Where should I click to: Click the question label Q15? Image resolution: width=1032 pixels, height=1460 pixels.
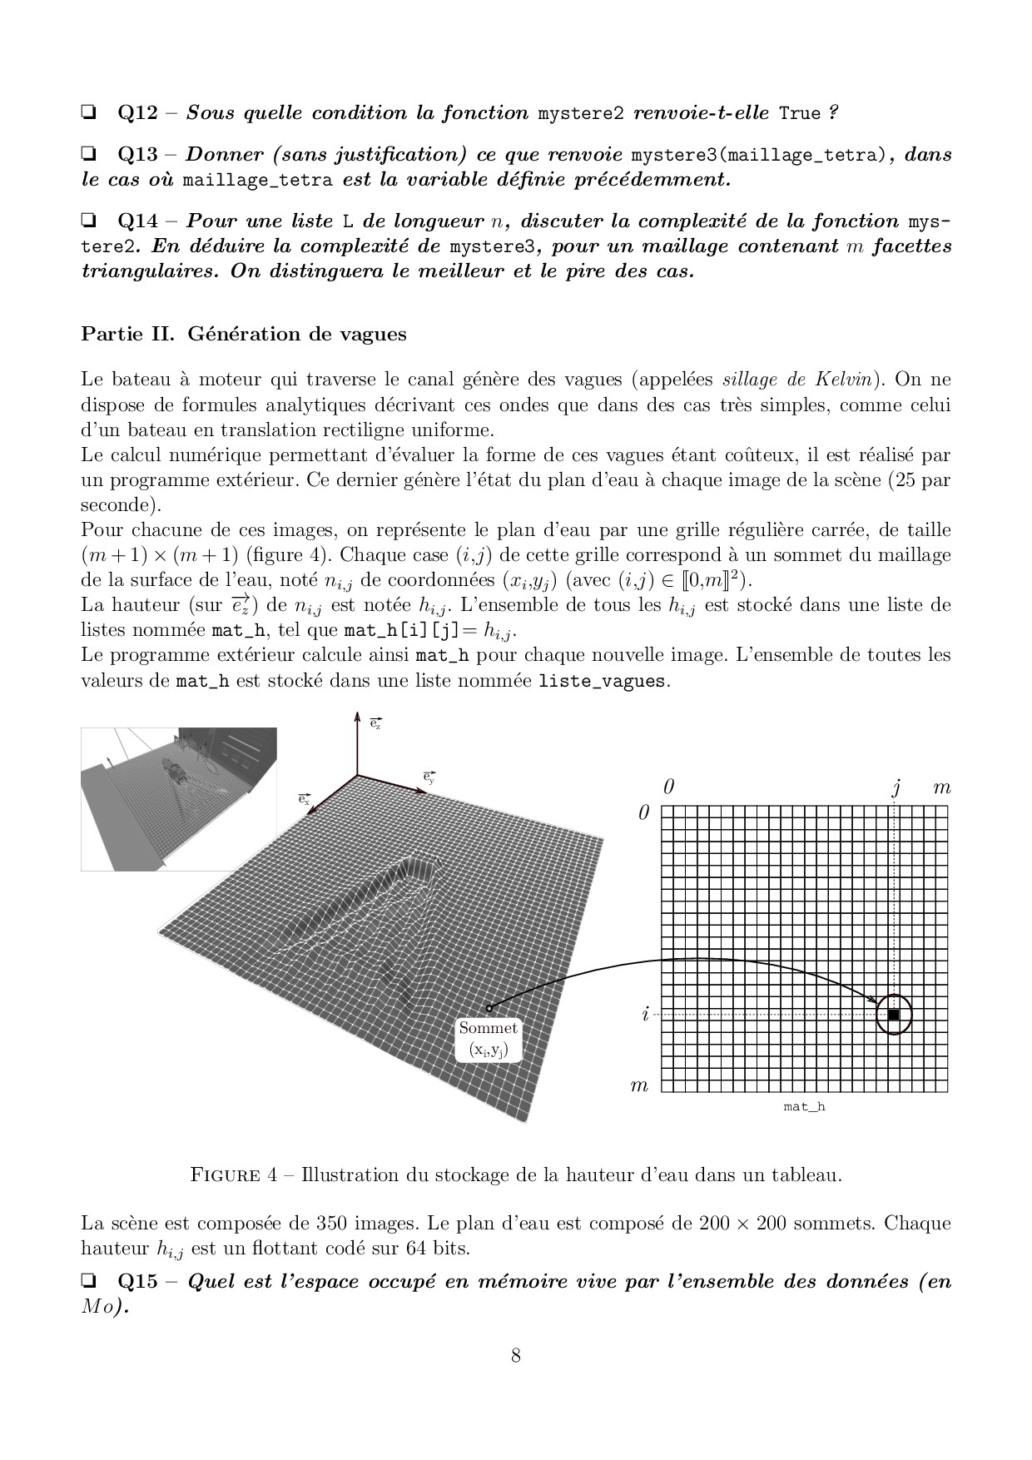pos(137,1281)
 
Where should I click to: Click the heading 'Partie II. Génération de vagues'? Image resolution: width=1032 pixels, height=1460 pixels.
pos(244,334)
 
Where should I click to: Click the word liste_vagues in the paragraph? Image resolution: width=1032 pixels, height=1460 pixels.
pos(602,681)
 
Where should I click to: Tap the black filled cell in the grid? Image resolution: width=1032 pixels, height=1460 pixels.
pos(894,1015)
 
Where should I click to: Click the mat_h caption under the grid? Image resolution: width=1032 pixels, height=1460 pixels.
pos(804,1107)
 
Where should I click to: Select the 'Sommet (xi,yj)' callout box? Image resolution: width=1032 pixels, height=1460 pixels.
pos(489,1039)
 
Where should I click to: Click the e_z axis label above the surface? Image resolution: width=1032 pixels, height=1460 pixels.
pos(375,723)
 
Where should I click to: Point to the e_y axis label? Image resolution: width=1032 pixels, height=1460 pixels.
pos(429,777)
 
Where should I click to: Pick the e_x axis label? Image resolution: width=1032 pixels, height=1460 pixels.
pos(305,798)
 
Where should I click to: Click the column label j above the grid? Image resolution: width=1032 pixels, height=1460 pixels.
pos(896,787)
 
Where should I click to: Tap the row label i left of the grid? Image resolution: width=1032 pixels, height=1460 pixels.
pos(644,1015)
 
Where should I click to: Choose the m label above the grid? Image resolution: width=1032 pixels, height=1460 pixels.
pos(941,787)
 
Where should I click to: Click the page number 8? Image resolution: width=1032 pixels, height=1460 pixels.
pos(516,1356)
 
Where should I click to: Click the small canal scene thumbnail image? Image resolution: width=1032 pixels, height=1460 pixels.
pos(179,798)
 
